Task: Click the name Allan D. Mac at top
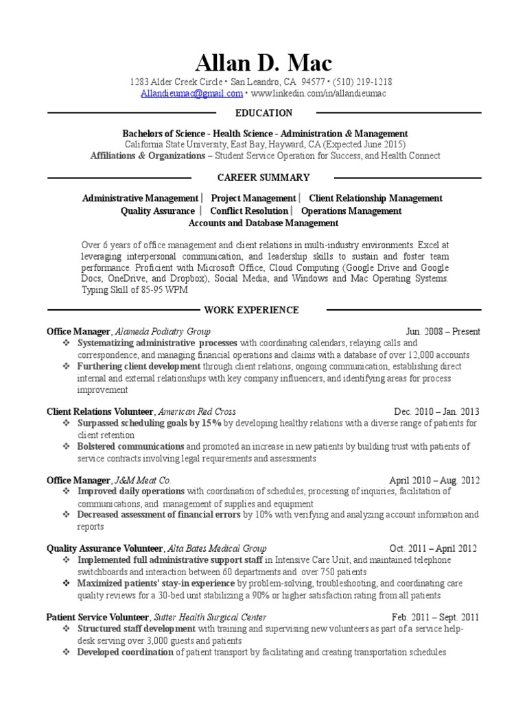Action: click(x=263, y=63)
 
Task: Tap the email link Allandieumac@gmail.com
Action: click(x=191, y=93)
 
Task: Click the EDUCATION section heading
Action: click(x=263, y=113)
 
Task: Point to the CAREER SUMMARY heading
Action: click(x=263, y=178)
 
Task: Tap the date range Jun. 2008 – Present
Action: click(x=443, y=332)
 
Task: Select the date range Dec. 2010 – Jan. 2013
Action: click(x=437, y=412)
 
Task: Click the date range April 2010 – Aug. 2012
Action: click(x=434, y=481)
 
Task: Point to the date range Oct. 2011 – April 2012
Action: click(x=432, y=548)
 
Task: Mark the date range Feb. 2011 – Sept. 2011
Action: click(x=436, y=617)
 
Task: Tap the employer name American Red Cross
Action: click(x=197, y=412)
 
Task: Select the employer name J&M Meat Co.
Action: click(x=142, y=481)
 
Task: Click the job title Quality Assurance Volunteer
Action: click(x=104, y=548)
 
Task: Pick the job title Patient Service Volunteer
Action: click(x=97, y=617)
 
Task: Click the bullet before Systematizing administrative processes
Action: click(x=65, y=343)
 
